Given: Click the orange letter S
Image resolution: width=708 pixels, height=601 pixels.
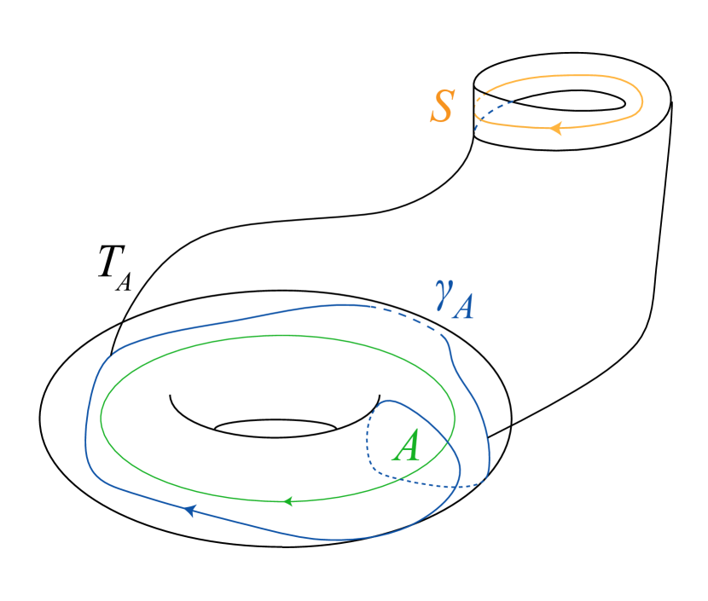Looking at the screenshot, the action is click(443, 107).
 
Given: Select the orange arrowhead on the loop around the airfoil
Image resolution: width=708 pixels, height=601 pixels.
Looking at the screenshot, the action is click(555, 129).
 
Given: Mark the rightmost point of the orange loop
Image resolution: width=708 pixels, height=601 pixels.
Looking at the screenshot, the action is click(642, 101).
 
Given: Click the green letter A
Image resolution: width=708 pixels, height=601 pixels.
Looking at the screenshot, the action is click(407, 446).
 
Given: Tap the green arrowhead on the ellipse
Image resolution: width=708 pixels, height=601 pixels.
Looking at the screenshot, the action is click(288, 500).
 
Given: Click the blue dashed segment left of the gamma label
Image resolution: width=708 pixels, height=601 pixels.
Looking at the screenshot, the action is click(409, 317).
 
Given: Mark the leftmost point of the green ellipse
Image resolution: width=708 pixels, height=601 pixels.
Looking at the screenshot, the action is click(101, 418).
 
